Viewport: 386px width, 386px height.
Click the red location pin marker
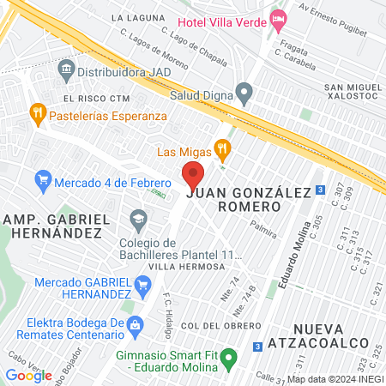pos(193,175)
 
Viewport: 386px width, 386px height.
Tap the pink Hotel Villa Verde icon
pos(278,19)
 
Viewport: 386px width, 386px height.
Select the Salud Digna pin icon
pos(244,92)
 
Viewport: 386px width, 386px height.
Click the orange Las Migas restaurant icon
pos(222,152)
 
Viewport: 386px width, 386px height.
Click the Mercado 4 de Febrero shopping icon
pos(42,182)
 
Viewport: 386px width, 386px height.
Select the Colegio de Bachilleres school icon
pos(138,220)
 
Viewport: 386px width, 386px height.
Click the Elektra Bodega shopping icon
pos(135,324)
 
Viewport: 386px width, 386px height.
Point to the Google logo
pos(28,375)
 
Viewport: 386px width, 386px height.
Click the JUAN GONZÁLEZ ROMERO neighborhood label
pos(246,201)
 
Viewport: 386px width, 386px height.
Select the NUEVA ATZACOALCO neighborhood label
pos(335,337)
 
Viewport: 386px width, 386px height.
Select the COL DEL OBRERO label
pos(220,326)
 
